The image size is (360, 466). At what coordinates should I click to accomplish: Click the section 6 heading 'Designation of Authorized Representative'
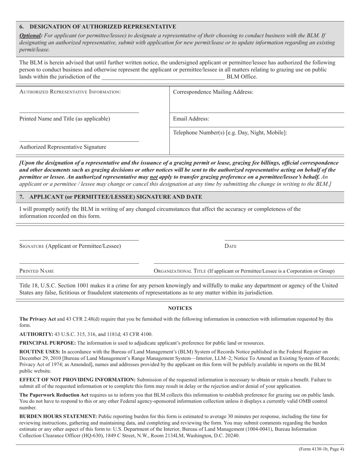pos(98,27)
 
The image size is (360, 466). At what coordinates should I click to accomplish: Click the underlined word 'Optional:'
pos(31,35)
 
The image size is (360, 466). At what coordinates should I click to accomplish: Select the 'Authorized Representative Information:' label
pos(70,92)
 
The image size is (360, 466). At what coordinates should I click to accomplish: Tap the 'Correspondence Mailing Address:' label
pos(213,92)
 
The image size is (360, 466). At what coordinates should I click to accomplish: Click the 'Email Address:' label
pos(191,119)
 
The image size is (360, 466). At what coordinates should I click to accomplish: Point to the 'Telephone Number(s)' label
pos(230,133)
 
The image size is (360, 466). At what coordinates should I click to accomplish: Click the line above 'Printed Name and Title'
pos(79,113)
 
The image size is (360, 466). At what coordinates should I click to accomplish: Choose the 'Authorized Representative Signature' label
pos(63,147)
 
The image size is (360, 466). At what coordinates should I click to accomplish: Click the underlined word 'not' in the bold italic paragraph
pos(153,177)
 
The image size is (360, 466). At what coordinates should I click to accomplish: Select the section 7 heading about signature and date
pos(111,197)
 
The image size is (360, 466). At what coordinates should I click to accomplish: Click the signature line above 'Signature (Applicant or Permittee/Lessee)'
pos(79,240)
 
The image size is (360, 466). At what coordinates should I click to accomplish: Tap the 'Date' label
pos(230,246)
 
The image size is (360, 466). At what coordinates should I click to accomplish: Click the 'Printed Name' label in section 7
pos(36,271)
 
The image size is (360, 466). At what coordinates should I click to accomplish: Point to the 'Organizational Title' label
pos(244,271)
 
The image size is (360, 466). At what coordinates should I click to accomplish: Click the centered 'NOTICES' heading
pos(180,308)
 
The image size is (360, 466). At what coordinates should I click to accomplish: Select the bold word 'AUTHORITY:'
pos(36,334)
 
